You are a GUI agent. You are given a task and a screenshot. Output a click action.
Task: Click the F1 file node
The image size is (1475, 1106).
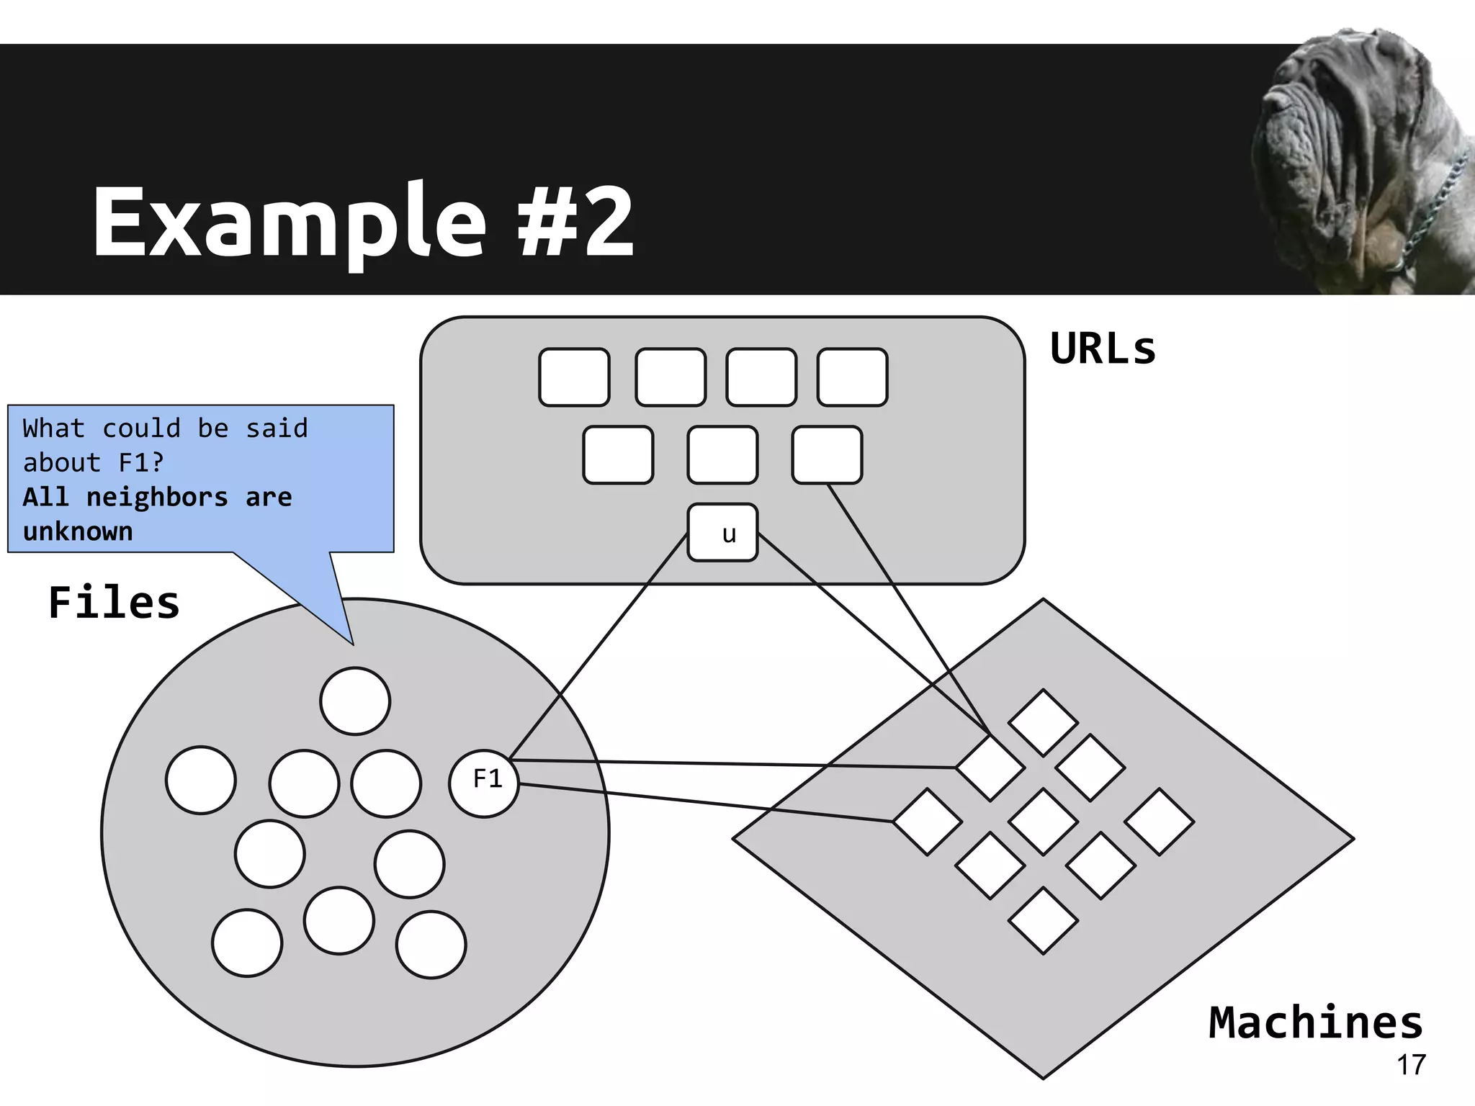click(484, 783)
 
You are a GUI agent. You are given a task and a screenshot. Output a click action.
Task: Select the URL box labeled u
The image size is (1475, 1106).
click(722, 532)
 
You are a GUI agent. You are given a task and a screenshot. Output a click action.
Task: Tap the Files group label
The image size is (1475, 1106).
click(114, 603)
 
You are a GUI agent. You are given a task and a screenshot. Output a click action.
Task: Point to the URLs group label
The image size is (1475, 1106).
click(1103, 349)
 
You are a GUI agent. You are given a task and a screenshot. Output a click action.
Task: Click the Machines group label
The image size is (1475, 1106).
click(1315, 1022)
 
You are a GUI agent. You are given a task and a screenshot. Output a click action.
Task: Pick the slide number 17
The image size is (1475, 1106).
click(1411, 1065)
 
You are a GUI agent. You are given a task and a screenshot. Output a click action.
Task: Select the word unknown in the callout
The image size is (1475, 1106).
click(78, 531)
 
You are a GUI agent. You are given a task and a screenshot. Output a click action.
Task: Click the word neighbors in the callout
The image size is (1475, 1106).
click(156, 497)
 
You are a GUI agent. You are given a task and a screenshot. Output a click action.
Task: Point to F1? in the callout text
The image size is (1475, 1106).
click(141, 462)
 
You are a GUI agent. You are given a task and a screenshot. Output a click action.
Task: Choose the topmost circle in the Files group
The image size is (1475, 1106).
click(355, 701)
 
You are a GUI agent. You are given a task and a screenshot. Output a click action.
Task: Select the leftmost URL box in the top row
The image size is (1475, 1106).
click(574, 377)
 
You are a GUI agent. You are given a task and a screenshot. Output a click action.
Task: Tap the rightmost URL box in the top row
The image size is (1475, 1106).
click(852, 377)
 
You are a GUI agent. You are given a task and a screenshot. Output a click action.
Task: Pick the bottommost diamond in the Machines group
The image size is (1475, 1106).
click(1043, 920)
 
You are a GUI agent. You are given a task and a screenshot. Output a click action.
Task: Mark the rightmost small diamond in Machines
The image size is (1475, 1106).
click(1159, 822)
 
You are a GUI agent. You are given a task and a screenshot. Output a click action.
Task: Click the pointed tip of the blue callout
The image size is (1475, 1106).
click(351, 642)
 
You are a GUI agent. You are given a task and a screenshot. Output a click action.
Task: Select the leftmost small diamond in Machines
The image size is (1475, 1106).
click(927, 822)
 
